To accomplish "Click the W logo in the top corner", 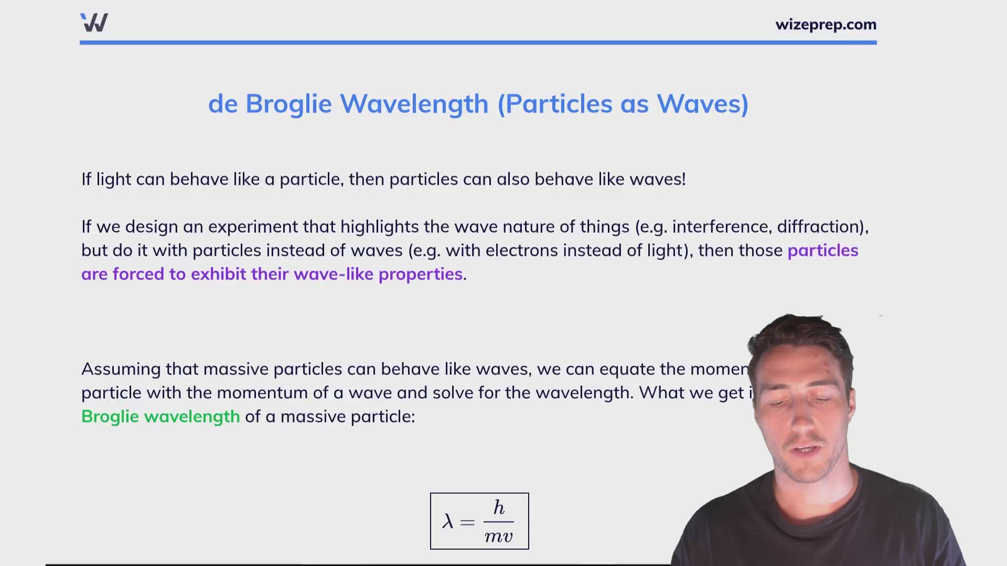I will [94, 23].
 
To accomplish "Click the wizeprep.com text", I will [826, 25].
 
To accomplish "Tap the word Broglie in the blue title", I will [288, 104].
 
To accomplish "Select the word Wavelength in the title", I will [414, 104].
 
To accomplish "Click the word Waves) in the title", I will [703, 104].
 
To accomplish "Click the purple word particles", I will [823, 251].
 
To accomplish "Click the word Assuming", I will [121, 369].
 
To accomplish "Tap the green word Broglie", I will [110, 417].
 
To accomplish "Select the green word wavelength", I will [192, 417].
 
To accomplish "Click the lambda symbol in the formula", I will [447, 521].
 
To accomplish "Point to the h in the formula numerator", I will [499, 508].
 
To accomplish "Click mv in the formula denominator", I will [498, 536].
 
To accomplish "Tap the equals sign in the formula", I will [467, 522].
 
